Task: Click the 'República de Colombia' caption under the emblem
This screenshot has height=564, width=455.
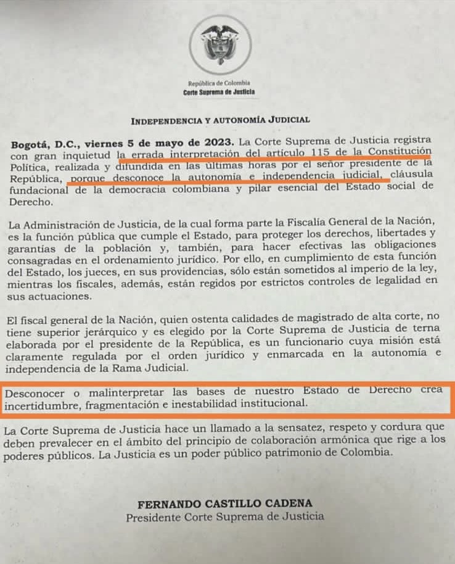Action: click(x=219, y=83)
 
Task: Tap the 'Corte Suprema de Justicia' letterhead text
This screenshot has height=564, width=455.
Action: click(x=219, y=93)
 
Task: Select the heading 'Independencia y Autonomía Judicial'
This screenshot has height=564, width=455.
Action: click(x=220, y=120)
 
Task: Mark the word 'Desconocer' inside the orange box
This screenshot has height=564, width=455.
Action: click(x=31, y=391)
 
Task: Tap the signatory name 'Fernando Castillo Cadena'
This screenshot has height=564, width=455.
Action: click(x=225, y=504)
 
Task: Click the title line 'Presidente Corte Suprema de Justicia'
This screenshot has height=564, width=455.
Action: click(x=225, y=517)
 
